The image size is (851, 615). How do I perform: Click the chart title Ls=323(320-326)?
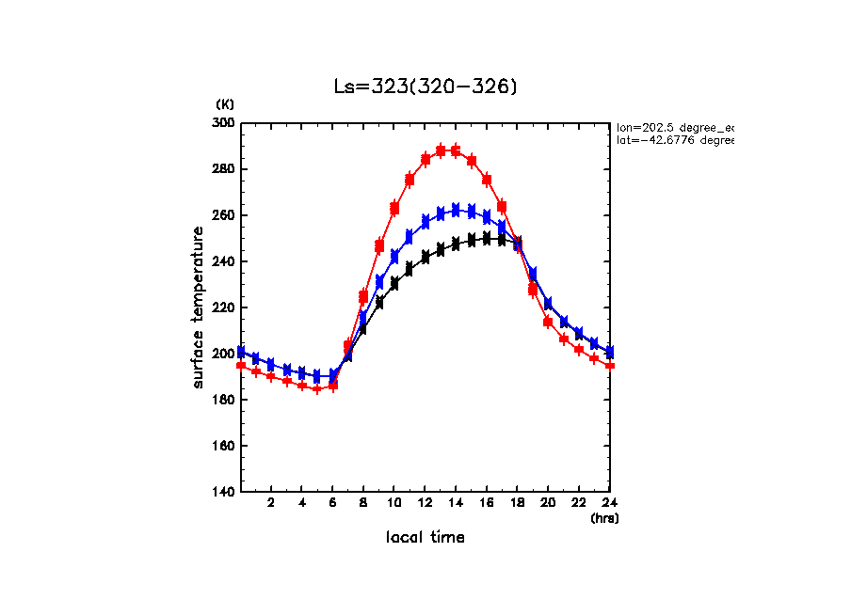tap(425, 87)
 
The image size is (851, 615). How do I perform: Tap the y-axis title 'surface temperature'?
tap(199, 307)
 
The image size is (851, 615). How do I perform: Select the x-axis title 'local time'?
tap(425, 537)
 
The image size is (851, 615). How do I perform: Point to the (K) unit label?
tap(225, 104)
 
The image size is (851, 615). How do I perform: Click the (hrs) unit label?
tap(604, 517)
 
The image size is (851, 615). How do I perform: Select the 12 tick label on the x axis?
tap(425, 503)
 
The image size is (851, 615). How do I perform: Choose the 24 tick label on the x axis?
tap(610, 503)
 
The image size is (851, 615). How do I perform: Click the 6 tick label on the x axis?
tap(332, 503)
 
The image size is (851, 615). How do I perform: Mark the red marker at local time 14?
tap(456, 150)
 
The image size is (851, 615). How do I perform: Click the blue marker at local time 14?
tap(456, 210)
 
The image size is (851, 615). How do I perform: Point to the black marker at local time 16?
tap(487, 238)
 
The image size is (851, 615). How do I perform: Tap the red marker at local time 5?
tap(317, 388)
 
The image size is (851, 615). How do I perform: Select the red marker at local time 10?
tap(394, 208)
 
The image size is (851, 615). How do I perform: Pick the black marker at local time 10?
tap(394, 283)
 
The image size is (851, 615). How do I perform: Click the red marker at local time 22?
tap(579, 350)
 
